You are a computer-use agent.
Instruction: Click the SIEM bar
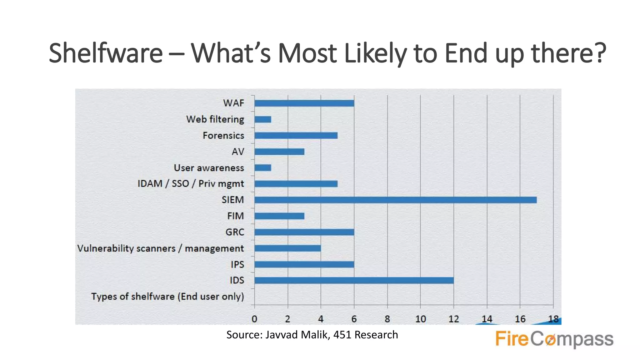point(395,200)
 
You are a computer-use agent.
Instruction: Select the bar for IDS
point(354,280)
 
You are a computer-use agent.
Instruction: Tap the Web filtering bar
point(263,119)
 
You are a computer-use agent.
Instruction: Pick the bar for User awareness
point(263,168)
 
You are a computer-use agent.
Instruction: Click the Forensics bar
point(296,135)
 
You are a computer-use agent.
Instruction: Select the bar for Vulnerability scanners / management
point(287,248)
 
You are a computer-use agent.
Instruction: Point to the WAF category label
point(233,103)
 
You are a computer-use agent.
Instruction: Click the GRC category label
point(235,232)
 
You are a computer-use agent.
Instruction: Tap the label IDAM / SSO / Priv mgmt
point(191,184)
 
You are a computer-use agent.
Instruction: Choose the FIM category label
point(235,216)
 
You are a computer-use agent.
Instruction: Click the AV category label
point(238,152)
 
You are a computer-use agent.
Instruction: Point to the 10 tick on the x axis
point(420,319)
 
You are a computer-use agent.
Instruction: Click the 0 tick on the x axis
point(254,319)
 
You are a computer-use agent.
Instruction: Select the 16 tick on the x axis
point(520,319)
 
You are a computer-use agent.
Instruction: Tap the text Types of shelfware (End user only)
point(167,297)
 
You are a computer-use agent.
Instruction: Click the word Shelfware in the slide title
point(106,53)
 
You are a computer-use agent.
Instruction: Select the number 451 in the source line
point(342,335)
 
